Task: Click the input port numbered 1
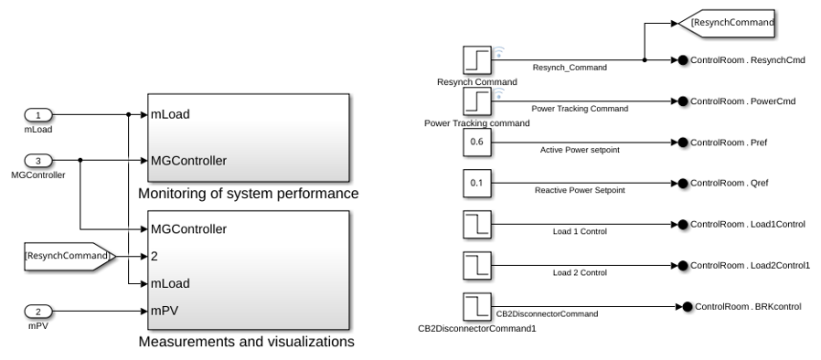coord(38,114)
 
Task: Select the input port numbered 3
coord(38,161)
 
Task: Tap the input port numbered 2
coord(38,312)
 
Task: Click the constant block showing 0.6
coord(477,143)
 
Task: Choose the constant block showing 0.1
coord(477,183)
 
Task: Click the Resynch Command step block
coord(477,59)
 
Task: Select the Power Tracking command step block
coord(477,101)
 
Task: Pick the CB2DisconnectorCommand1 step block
coord(477,307)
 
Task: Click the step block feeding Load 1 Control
coord(477,225)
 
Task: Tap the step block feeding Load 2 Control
coord(477,265)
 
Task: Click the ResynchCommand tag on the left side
coord(70,257)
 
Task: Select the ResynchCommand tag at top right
coord(726,23)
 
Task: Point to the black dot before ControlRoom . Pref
coord(683,143)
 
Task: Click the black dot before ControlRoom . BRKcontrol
coord(687,307)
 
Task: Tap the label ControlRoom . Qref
coord(730,183)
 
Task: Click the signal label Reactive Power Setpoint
coord(580,190)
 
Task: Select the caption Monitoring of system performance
coord(248,194)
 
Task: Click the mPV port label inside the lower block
coord(165,311)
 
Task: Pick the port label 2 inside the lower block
coord(155,257)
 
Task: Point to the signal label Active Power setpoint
coord(580,150)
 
